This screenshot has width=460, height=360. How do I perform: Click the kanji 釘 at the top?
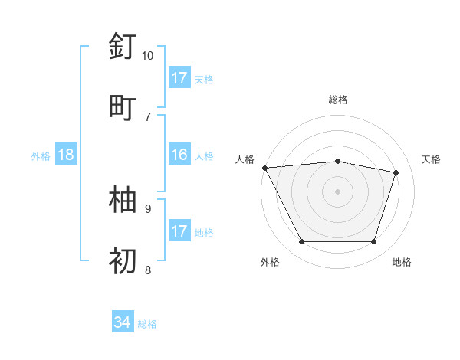click(x=123, y=47)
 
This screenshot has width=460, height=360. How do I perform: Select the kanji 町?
click(x=123, y=106)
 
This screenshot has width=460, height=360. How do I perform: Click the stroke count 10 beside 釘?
click(x=148, y=56)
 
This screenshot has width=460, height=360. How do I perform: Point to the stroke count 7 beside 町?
click(x=148, y=116)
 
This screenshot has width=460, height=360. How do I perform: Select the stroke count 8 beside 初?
click(x=148, y=270)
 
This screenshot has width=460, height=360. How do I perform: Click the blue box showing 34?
click(x=123, y=323)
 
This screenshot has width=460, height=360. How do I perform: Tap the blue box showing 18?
click(x=66, y=155)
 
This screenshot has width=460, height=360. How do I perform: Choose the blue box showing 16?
click(x=179, y=155)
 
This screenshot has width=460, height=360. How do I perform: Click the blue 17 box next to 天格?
click(x=179, y=78)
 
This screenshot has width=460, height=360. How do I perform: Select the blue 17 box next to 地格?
click(x=179, y=231)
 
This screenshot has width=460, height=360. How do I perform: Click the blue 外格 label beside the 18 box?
click(x=41, y=156)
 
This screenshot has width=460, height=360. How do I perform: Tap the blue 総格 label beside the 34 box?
click(x=147, y=324)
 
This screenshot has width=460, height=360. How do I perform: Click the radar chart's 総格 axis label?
click(x=338, y=100)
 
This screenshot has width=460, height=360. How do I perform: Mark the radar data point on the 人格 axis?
click(x=264, y=168)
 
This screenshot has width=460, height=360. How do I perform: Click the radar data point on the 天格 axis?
click(x=396, y=172)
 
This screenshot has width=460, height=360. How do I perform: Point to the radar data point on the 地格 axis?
click(x=374, y=242)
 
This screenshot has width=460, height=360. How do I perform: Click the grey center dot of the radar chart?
click(x=338, y=191)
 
